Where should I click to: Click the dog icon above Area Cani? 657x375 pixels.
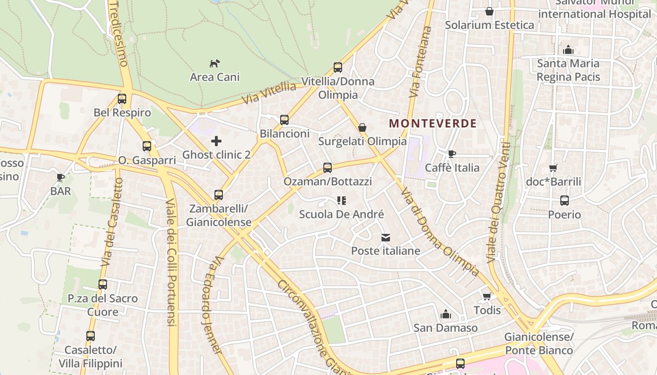tap(214, 63)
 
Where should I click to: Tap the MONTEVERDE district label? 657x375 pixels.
tap(433, 124)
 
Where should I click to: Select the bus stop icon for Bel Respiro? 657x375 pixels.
tap(122, 99)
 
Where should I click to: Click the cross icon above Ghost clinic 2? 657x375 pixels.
tap(216, 141)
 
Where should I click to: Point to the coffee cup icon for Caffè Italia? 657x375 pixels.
tap(452, 154)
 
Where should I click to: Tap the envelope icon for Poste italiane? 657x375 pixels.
tap(386, 237)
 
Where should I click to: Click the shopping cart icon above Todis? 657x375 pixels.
tap(487, 296)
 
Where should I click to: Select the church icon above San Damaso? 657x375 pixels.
tap(445, 314)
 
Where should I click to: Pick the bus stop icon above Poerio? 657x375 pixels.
tap(565, 201)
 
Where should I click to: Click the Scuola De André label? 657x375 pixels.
tap(342, 214)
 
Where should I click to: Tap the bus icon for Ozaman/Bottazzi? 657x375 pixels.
tap(328, 167)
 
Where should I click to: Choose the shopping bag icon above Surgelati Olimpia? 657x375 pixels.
tap(362, 127)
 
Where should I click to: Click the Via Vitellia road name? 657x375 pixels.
tap(269, 94)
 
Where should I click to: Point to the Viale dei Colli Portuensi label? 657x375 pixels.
tap(171, 262)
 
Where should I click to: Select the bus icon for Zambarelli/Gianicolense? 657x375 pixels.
tap(219, 195)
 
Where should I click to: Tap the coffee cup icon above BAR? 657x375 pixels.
tap(61, 177)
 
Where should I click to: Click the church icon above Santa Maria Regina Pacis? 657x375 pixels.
tap(568, 50)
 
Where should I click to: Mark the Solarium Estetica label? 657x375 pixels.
tap(489, 25)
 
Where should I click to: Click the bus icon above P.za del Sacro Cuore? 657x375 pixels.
tap(103, 284)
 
